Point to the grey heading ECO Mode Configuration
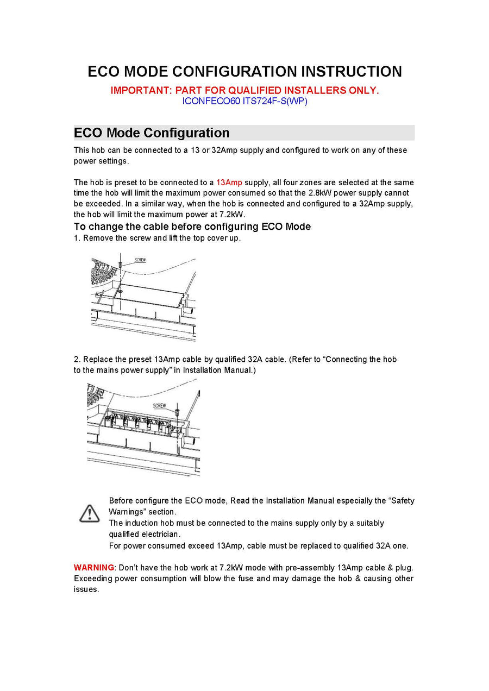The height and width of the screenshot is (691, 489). tap(152, 133)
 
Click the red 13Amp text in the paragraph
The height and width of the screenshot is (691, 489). tap(229, 183)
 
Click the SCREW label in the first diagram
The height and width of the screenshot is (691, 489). tap(140, 260)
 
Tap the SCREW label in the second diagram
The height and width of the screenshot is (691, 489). tap(159, 406)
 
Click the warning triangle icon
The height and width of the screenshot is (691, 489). tap(89, 513)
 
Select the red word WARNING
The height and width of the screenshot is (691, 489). tap(93, 568)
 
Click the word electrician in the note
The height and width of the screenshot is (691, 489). tap(160, 534)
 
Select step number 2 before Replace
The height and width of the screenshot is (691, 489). tap(77, 360)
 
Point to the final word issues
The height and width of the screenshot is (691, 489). tap(86, 589)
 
